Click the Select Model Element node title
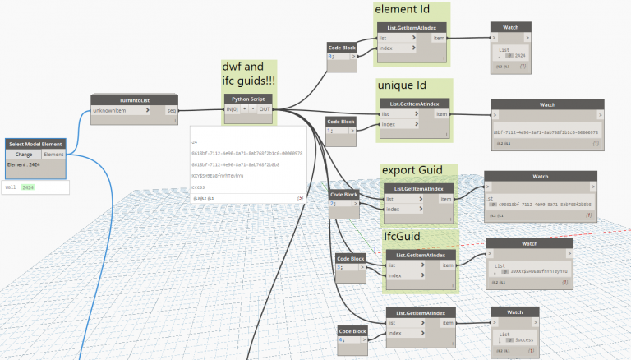(35, 144)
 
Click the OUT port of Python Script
(265, 109)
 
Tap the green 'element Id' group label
(400, 10)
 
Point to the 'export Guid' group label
(412, 170)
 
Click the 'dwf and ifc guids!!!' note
(249, 74)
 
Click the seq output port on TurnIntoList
(171, 110)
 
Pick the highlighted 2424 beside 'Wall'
(28, 187)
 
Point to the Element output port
(53, 155)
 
